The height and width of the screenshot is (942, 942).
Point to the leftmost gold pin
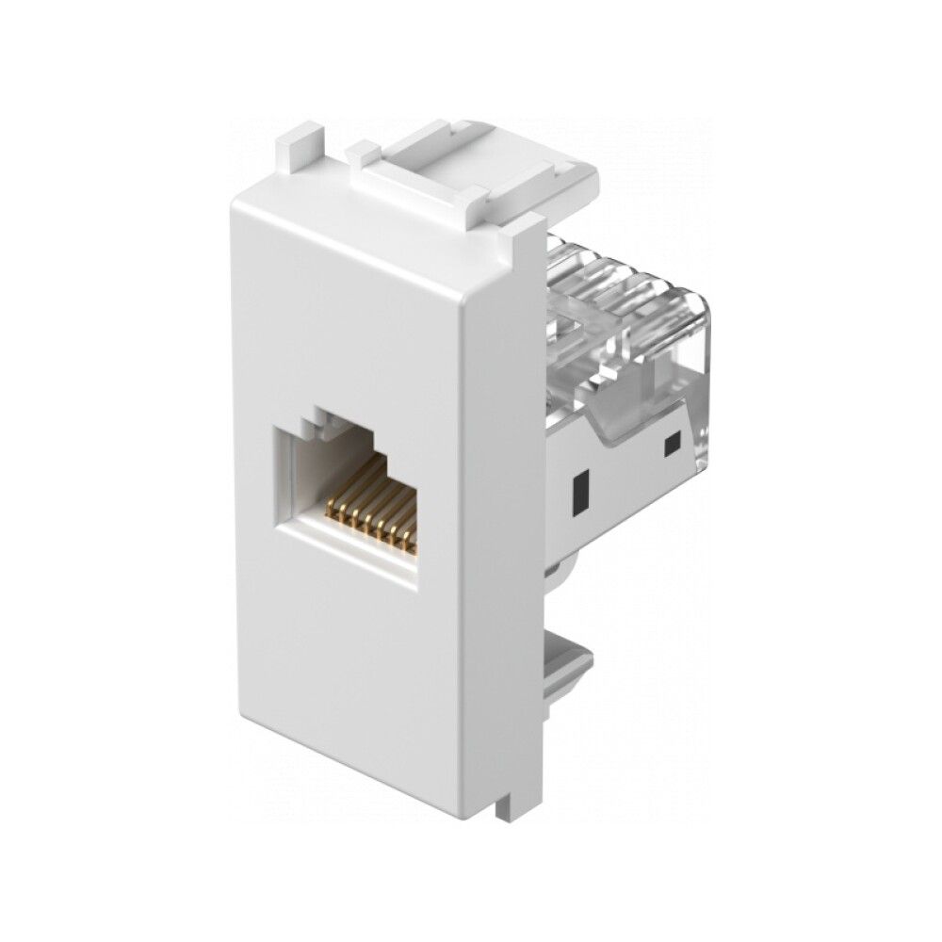tap(331, 513)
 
